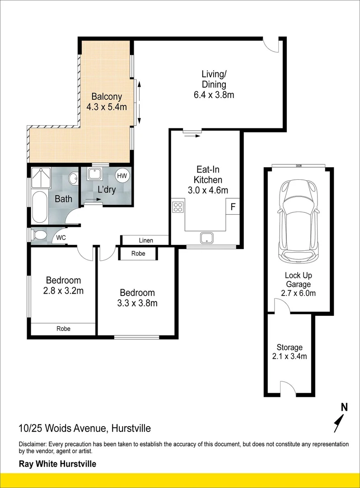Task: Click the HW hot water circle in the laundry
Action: [x=122, y=175]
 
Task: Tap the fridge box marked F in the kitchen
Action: [x=233, y=206]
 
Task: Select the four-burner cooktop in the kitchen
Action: [x=178, y=207]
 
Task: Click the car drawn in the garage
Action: [x=299, y=221]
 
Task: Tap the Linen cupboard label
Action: [x=146, y=240]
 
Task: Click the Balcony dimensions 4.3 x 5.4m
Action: [x=107, y=107]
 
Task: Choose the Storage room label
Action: [x=290, y=347]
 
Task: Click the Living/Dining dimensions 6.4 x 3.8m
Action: [x=214, y=94]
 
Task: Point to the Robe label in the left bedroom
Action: [x=64, y=328]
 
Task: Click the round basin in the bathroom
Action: [x=74, y=178]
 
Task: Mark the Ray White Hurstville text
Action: [x=57, y=464]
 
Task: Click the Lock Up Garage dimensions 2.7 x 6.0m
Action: [x=298, y=293]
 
